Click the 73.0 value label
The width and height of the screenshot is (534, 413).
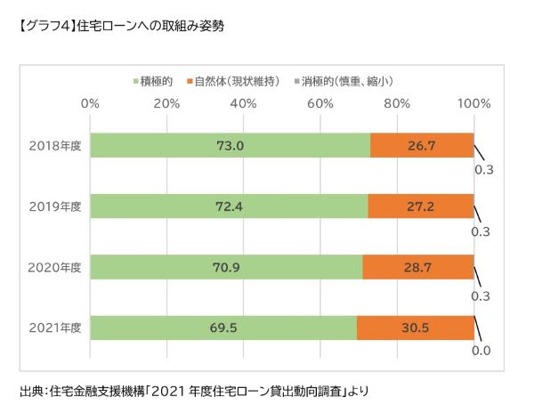[230, 145]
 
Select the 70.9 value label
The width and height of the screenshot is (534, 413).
[226, 266]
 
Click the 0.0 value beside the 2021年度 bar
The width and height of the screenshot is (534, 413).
[481, 351]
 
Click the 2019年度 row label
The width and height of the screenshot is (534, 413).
[54, 206]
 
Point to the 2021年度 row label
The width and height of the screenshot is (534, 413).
[54, 327]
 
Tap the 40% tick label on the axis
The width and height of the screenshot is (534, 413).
[244, 104]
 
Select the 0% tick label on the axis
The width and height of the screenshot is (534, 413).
[90, 104]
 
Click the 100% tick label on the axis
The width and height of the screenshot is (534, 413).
[473, 104]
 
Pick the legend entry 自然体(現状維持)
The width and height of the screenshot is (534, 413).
[236, 80]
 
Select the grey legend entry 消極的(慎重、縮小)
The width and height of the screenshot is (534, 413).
[347, 80]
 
